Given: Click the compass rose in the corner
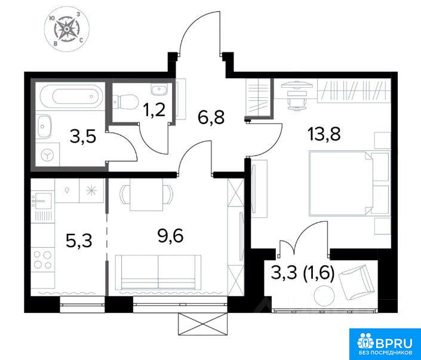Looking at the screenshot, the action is tap(66, 29).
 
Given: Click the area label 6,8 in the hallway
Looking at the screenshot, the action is tap(210, 117).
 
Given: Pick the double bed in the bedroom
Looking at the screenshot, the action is tap(349, 183).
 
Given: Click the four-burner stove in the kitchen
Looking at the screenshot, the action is tap(42, 260).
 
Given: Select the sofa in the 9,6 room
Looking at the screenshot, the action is tap(158, 272).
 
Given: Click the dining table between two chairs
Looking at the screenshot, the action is tap(146, 195).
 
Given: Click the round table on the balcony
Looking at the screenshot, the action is tap(324, 296).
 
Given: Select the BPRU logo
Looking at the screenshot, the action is tap(385, 344).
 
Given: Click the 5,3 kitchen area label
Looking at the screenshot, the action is tap(79, 241).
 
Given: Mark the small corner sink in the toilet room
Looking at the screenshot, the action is tap(159, 89).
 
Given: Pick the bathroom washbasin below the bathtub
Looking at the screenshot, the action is tap(44, 126).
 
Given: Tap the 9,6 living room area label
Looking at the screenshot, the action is tap(171, 236).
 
